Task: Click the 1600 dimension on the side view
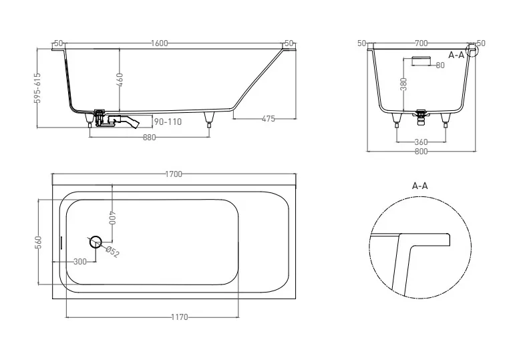point(159,43)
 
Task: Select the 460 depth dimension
point(120,80)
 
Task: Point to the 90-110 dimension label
point(168,122)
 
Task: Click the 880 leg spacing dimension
point(149,137)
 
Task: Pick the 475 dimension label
point(269,119)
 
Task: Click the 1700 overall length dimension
point(174,174)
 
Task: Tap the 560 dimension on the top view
point(39,242)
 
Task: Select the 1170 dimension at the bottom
point(180,317)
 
